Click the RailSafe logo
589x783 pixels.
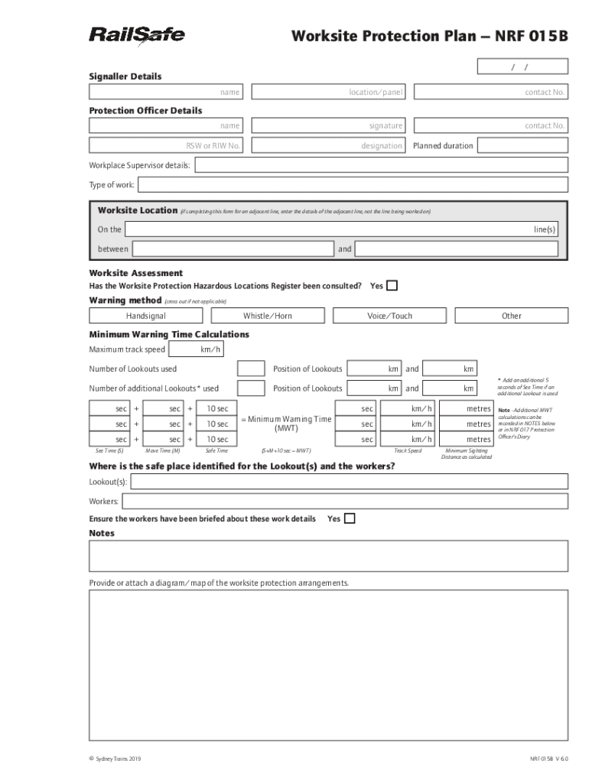[x=137, y=36]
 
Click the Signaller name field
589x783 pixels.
[x=166, y=93]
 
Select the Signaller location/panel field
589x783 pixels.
[x=329, y=93]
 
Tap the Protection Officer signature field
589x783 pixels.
[x=329, y=125]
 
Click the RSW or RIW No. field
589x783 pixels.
[x=166, y=146]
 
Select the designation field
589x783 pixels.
[x=329, y=146]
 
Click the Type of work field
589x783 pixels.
[x=352, y=185]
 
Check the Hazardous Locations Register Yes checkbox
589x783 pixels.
[x=392, y=286]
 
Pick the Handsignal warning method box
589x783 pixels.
[x=145, y=316]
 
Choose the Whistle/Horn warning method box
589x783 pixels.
[x=267, y=316]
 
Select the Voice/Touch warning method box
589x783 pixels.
[x=389, y=316]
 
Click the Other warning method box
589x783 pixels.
[x=511, y=316]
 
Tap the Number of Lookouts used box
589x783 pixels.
[x=252, y=369]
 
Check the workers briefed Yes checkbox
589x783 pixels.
[x=350, y=518]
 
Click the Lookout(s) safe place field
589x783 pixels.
[x=350, y=481]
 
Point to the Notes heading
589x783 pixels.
[x=102, y=533]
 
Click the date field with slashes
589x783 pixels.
[x=522, y=67]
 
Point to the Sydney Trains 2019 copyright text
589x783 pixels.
[x=115, y=759]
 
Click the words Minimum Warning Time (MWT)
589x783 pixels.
[x=286, y=424]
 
